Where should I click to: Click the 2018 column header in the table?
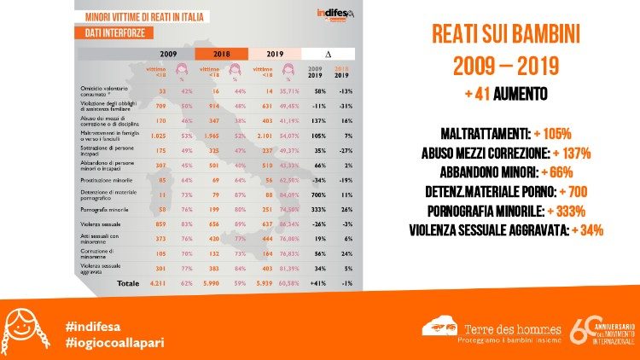[220, 52]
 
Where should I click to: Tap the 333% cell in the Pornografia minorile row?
[314, 209]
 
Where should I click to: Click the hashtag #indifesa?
[93, 325]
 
